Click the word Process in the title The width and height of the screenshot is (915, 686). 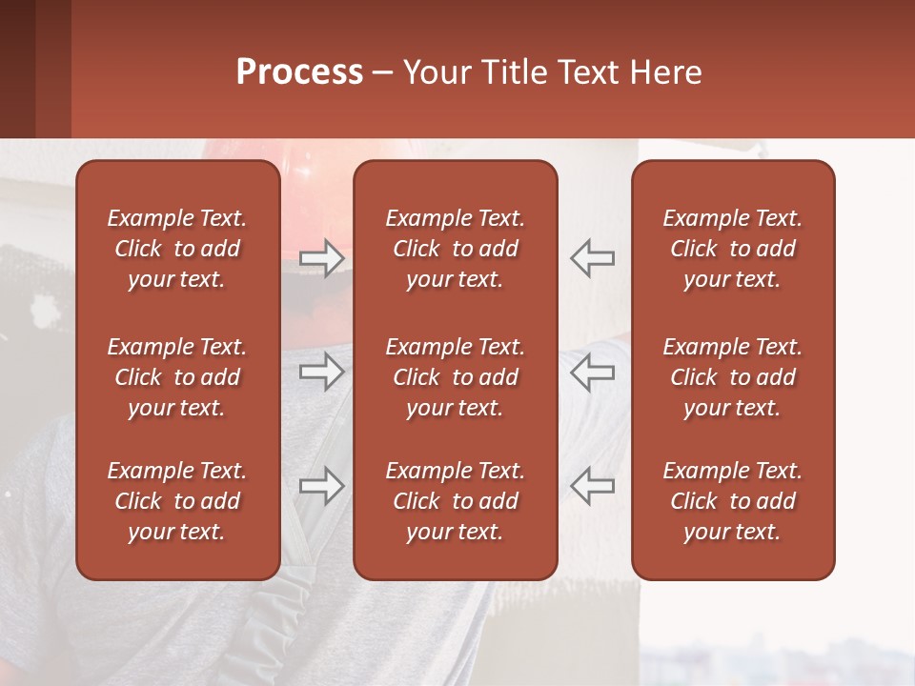(x=299, y=72)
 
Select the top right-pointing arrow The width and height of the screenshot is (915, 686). (x=321, y=258)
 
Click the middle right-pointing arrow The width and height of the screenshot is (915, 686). (x=321, y=372)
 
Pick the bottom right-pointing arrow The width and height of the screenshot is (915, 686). (x=321, y=486)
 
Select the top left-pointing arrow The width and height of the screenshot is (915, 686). (x=592, y=258)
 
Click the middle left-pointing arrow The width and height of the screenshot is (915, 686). (x=592, y=372)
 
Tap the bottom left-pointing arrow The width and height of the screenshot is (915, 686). (x=592, y=486)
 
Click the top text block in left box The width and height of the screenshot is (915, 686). (x=177, y=249)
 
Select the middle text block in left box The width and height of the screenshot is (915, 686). (x=177, y=377)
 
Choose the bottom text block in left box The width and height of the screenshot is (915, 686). (x=177, y=501)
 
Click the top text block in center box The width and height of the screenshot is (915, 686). (x=455, y=249)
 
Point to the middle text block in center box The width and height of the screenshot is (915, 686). (x=455, y=377)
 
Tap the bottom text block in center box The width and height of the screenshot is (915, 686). (x=455, y=501)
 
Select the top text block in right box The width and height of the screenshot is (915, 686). (x=732, y=249)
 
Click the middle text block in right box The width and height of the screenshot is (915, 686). (x=732, y=377)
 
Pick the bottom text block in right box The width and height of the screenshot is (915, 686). (x=732, y=501)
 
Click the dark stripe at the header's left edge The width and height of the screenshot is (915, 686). (x=17, y=69)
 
